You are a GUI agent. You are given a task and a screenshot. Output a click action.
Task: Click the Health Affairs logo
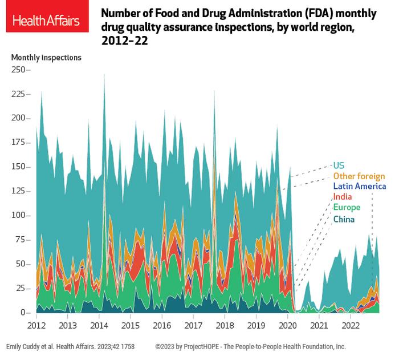tap(47, 21)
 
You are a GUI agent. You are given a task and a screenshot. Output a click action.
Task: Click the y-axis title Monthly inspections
tap(46, 58)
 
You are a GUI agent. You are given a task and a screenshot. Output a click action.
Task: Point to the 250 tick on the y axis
tap(19, 70)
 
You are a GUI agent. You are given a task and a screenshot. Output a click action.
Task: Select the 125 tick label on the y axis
tap(19, 191)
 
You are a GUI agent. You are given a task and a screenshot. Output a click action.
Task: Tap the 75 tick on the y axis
tap(22, 240)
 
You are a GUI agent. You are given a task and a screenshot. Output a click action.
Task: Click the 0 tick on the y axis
tap(25, 313)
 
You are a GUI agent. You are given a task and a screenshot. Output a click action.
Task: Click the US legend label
tap(339, 165)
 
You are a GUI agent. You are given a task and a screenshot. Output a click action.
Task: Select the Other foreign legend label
tap(359, 176)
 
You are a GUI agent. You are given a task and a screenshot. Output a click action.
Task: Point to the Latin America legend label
tap(359, 187)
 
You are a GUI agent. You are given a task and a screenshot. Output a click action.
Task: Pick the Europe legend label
tap(345, 208)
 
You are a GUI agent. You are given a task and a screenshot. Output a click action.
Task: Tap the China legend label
tap(344, 219)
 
